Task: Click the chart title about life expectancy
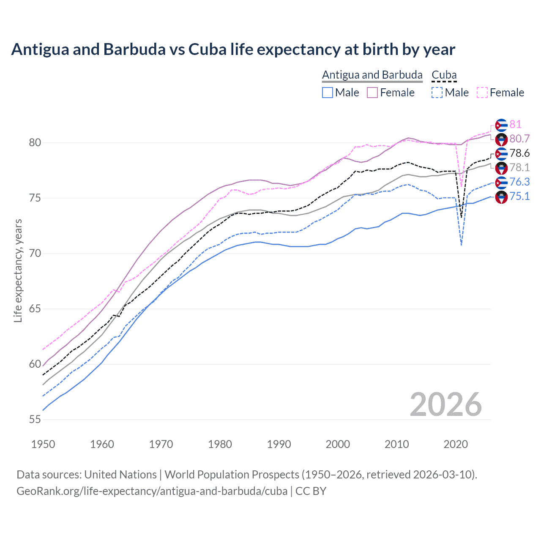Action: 233,49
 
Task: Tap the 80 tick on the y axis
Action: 35,143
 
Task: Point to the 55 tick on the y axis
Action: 35,420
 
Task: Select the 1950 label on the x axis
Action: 43,444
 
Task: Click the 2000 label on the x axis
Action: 338,444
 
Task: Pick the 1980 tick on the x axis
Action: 220,444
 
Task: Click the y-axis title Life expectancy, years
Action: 18,270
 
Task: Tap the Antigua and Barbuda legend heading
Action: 372,75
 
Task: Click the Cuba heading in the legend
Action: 444,75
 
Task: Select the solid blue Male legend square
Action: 328,93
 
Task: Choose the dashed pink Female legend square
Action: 482,93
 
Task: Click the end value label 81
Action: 515,124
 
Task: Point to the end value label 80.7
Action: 519,139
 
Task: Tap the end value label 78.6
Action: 519,153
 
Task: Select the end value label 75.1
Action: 519,196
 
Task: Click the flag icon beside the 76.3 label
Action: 501,182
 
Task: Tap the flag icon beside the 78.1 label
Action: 501,168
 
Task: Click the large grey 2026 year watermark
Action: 445,404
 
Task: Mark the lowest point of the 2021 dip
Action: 461,245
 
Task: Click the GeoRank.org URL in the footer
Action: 152,491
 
